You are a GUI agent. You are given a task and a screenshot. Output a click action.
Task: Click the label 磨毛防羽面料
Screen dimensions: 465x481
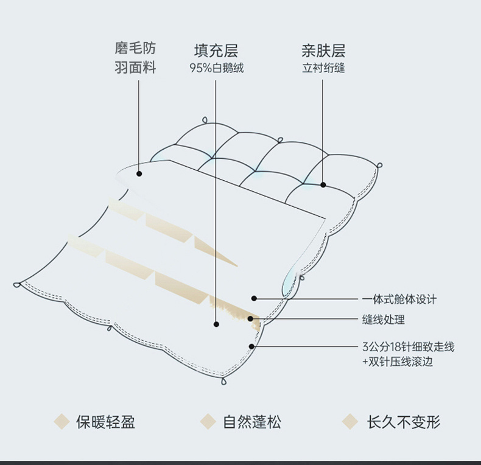(x=136, y=58)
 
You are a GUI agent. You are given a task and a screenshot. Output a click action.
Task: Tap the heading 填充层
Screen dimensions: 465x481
(x=216, y=50)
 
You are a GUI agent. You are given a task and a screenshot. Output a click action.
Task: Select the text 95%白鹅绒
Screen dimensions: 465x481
(x=216, y=68)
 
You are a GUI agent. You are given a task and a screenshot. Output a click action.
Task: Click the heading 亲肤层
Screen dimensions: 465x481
(x=323, y=50)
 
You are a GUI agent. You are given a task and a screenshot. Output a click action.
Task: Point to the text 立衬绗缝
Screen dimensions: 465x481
(x=323, y=68)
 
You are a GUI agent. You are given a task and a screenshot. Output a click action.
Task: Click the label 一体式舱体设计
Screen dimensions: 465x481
(x=399, y=299)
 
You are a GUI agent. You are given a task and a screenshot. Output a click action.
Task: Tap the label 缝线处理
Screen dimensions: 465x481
(x=384, y=319)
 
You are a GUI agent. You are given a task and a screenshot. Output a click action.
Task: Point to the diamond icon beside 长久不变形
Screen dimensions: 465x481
(x=349, y=421)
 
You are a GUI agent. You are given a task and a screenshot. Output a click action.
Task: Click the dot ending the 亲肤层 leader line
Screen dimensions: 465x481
(x=323, y=184)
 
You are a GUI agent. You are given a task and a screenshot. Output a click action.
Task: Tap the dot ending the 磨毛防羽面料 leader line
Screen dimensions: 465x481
(x=139, y=173)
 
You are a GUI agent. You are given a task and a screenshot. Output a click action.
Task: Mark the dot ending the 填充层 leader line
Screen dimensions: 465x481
(x=216, y=325)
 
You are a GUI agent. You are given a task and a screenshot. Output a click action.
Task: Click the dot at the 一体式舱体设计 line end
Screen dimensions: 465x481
(x=254, y=299)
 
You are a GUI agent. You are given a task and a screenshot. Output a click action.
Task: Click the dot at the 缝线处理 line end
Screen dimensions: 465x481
(x=250, y=319)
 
